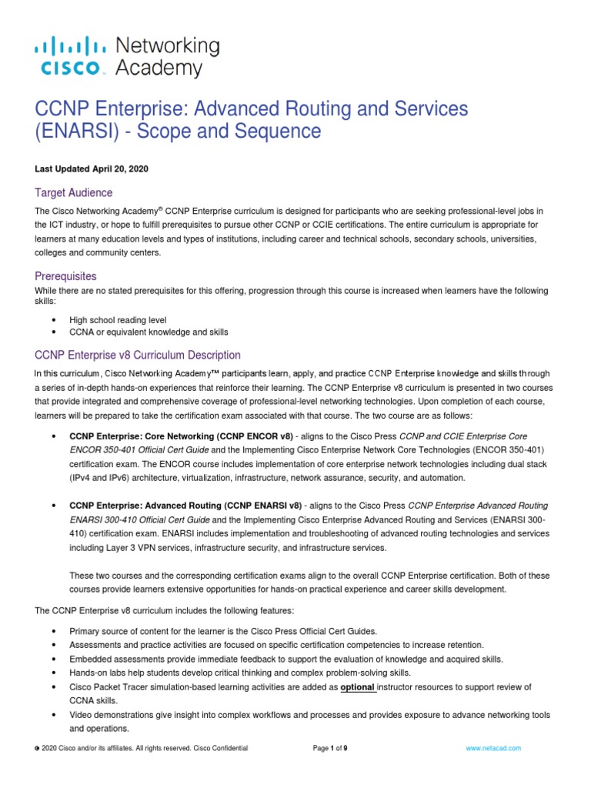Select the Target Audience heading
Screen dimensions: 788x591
[x=74, y=192]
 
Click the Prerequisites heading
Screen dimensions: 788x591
[x=66, y=275]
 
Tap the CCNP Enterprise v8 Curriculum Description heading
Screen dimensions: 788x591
[x=138, y=355]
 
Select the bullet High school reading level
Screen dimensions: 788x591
[x=118, y=319]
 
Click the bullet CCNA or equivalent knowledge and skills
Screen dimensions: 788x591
[x=149, y=332]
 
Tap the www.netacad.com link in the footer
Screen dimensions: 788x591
[x=493, y=747]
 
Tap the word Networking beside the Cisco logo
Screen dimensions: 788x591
[x=167, y=45]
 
